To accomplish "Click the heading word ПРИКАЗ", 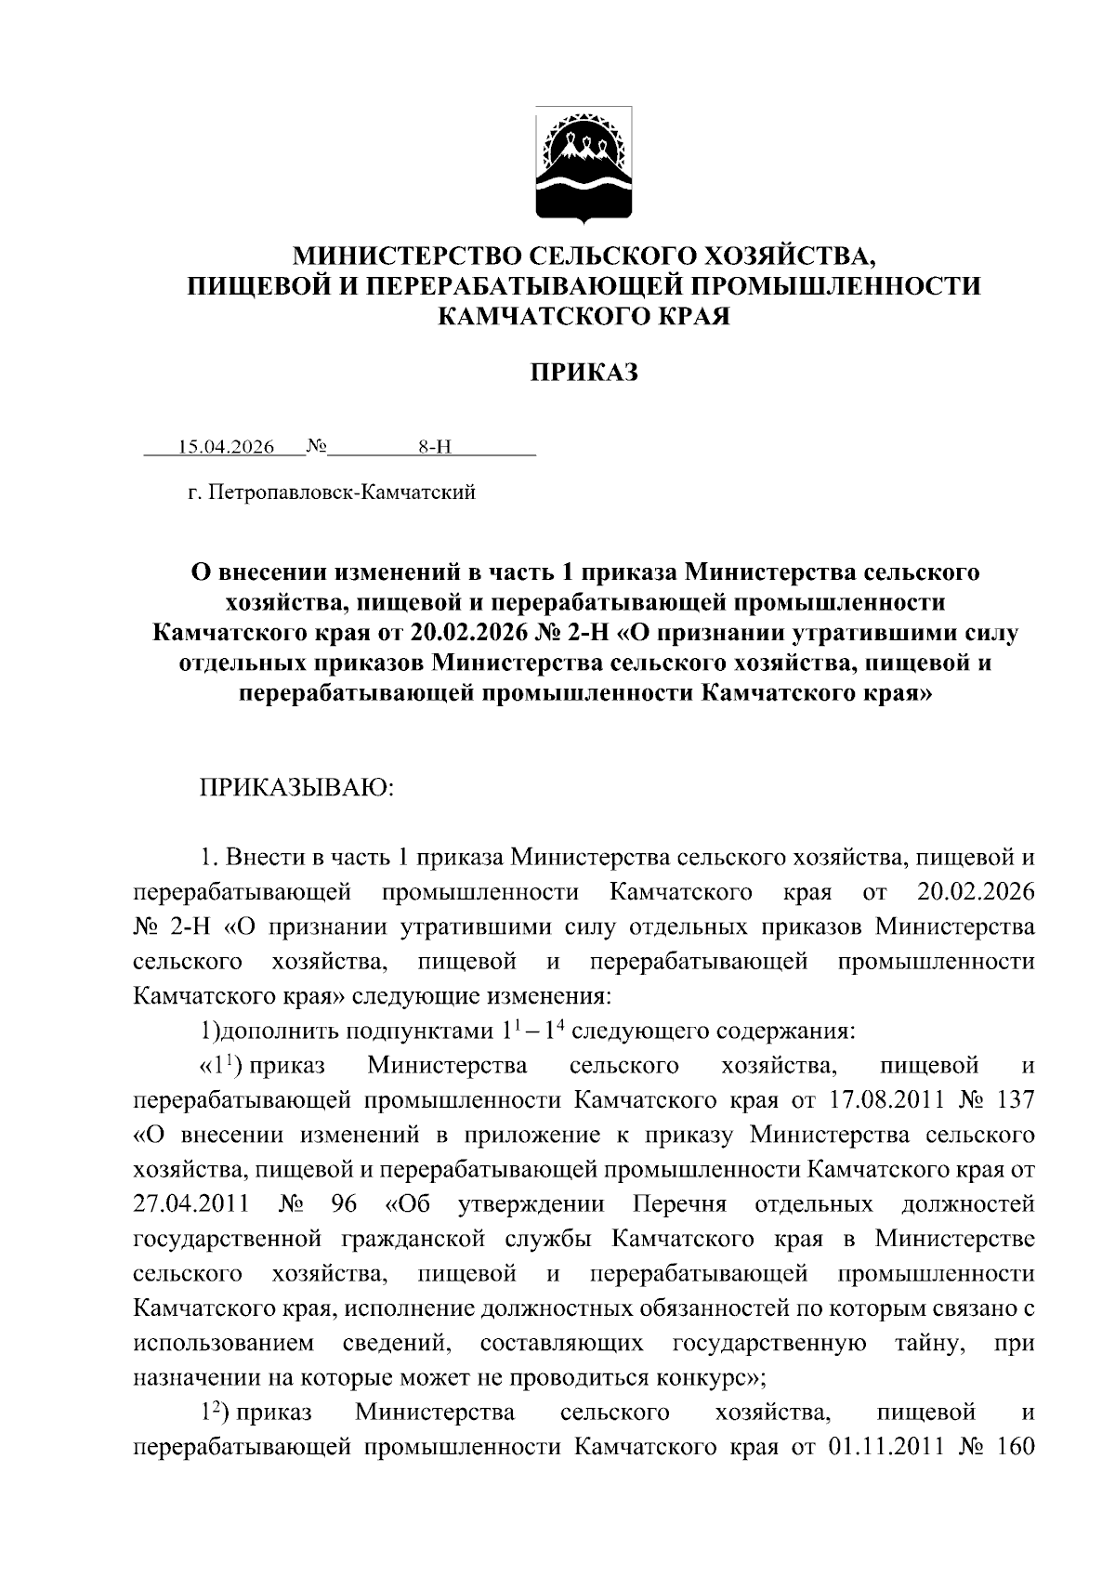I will tap(584, 374).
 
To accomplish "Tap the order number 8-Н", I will tap(435, 447).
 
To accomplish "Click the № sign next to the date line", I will tap(317, 446).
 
